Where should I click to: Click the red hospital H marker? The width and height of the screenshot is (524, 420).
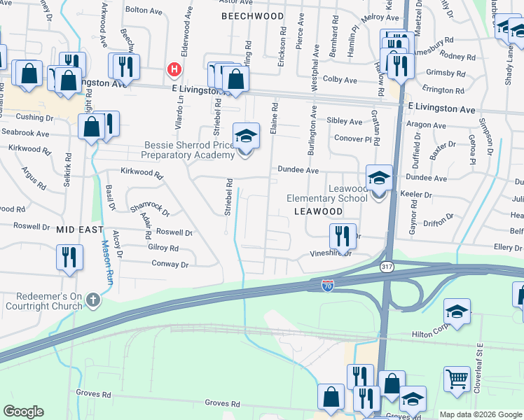[x=174, y=70]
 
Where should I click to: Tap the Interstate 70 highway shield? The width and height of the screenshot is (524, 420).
[x=327, y=285]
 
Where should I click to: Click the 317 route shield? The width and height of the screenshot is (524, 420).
[x=386, y=267]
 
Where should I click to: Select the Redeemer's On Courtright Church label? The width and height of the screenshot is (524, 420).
[x=45, y=300]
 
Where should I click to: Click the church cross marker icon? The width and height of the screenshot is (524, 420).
[x=92, y=300]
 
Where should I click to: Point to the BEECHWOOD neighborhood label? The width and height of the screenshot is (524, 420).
[x=253, y=15]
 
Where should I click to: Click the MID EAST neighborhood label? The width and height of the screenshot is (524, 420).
[x=80, y=230]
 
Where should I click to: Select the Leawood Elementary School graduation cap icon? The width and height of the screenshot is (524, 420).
[x=379, y=180]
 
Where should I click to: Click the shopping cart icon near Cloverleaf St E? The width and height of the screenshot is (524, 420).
[x=457, y=379]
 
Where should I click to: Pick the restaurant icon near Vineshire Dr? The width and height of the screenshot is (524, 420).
[x=343, y=236]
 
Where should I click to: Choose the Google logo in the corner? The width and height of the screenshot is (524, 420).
[x=23, y=412]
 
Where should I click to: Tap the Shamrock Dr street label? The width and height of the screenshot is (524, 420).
[x=150, y=208]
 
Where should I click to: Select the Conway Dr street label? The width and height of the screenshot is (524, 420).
[x=170, y=265]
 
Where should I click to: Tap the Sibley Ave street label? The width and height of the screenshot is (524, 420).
[x=345, y=121]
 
